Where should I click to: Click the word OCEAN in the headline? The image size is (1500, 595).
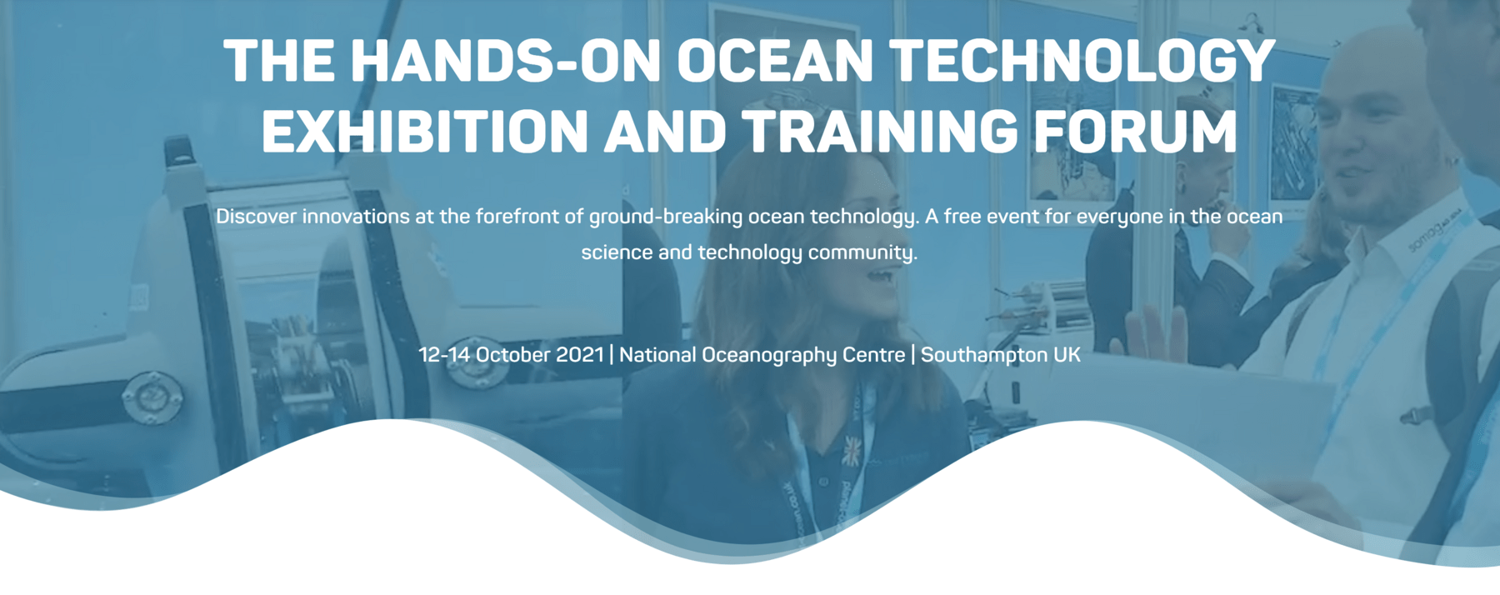click(x=774, y=61)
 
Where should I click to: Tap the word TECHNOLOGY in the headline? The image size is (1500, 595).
click(x=1082, y=61)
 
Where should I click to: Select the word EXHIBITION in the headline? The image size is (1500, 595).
click(x=426, y=131)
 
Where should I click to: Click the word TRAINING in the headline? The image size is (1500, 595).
click(x=879, y=131)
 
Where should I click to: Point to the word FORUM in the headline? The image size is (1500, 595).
click(x=1135, y=131)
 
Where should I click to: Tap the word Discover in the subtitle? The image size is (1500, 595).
click(x=256, y=217)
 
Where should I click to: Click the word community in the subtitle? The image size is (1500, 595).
click(x=862, y=252)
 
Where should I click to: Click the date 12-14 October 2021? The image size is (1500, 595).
click(x=511, y=355)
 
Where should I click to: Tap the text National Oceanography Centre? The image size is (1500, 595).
click(x=762, y=356)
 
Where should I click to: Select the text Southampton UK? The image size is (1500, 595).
click(x=1000, y=356)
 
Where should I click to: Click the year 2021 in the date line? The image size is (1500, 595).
click(x=579, y=355)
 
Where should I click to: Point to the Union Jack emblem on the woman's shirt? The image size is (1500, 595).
click(x=851, y=451)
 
